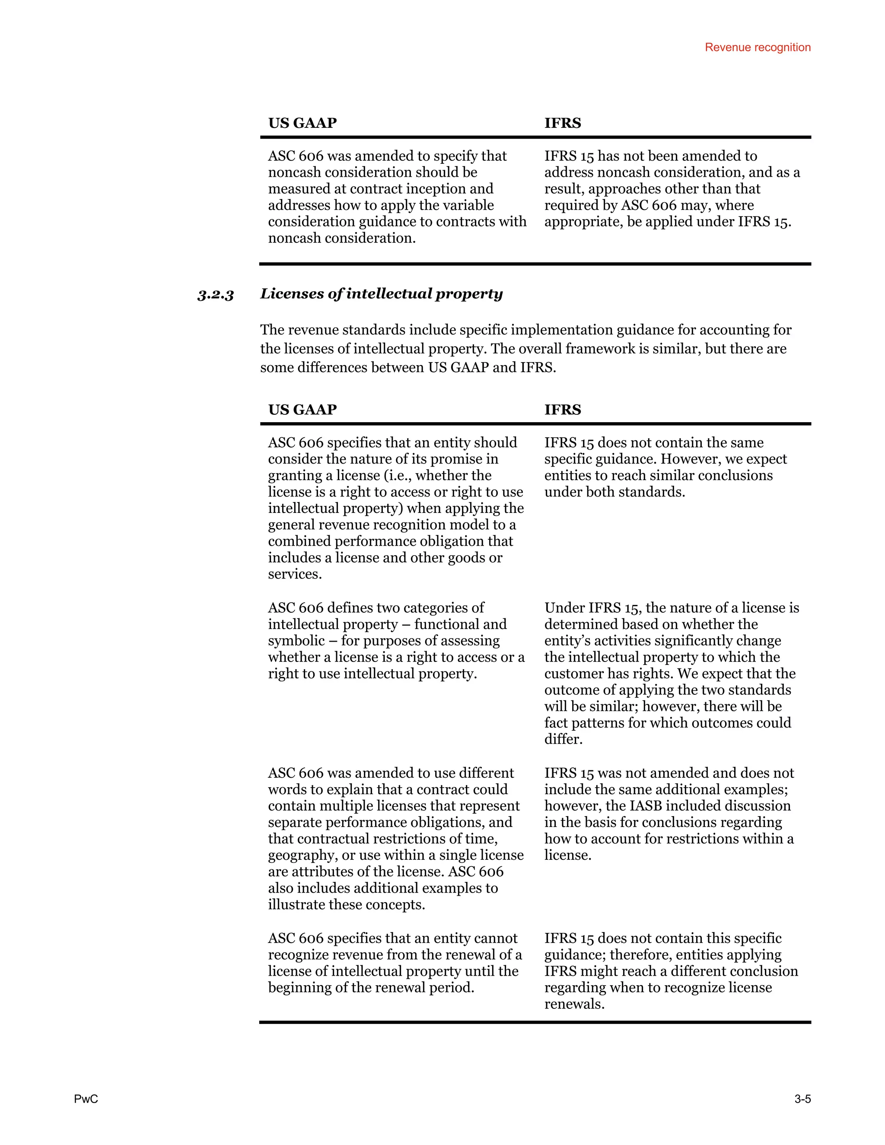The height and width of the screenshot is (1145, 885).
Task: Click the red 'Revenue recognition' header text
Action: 757,47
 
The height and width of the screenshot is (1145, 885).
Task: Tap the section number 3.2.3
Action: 216,295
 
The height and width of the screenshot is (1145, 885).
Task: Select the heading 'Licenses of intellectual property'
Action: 381,293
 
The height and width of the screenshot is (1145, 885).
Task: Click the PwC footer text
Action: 86,1099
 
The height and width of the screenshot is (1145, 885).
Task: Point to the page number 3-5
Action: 802,1099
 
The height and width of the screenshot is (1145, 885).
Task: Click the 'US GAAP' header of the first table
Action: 302,123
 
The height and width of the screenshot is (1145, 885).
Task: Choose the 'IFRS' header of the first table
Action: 563,123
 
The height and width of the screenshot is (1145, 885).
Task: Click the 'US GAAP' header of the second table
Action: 302,410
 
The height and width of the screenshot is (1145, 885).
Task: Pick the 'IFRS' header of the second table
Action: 563,410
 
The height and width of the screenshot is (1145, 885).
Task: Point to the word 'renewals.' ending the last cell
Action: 574,1004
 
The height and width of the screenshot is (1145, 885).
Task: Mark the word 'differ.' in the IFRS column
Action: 563,739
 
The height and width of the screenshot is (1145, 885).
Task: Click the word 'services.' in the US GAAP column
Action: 295,574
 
